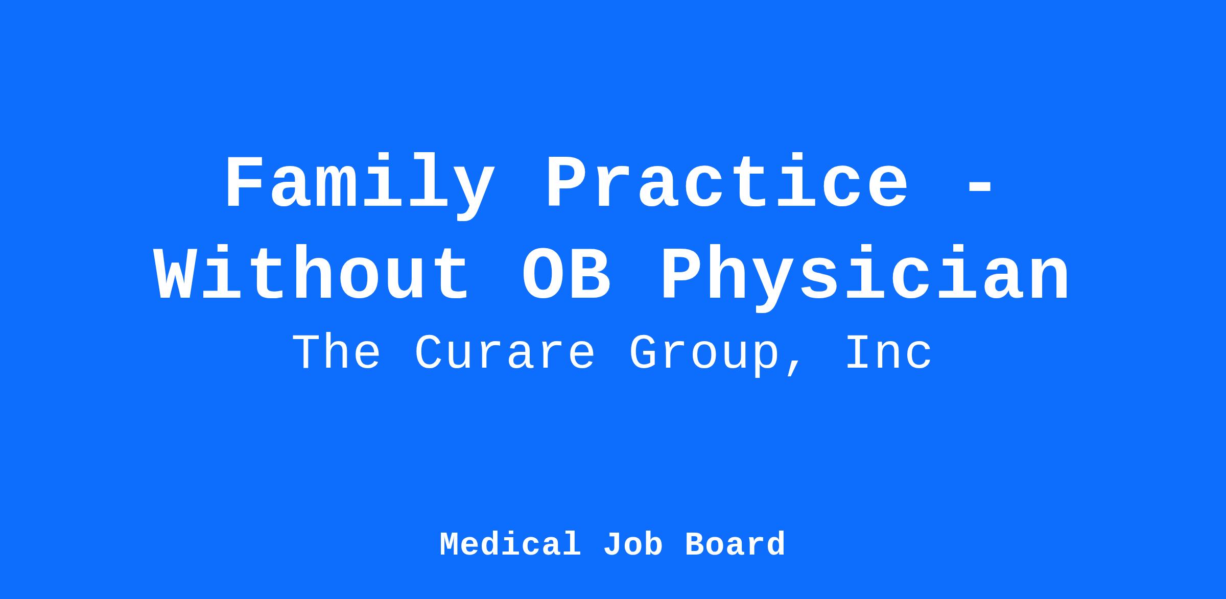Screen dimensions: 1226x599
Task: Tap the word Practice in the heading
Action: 727,183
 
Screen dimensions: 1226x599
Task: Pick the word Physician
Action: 864,278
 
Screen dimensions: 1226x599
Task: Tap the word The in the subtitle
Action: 337,352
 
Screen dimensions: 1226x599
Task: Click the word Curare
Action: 505,353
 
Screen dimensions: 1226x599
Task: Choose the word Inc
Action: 889,352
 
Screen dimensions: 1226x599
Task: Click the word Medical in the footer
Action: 510,544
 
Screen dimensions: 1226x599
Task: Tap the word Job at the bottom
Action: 633,544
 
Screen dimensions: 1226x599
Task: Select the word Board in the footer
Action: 735,544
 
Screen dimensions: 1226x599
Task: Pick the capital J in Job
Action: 612,544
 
